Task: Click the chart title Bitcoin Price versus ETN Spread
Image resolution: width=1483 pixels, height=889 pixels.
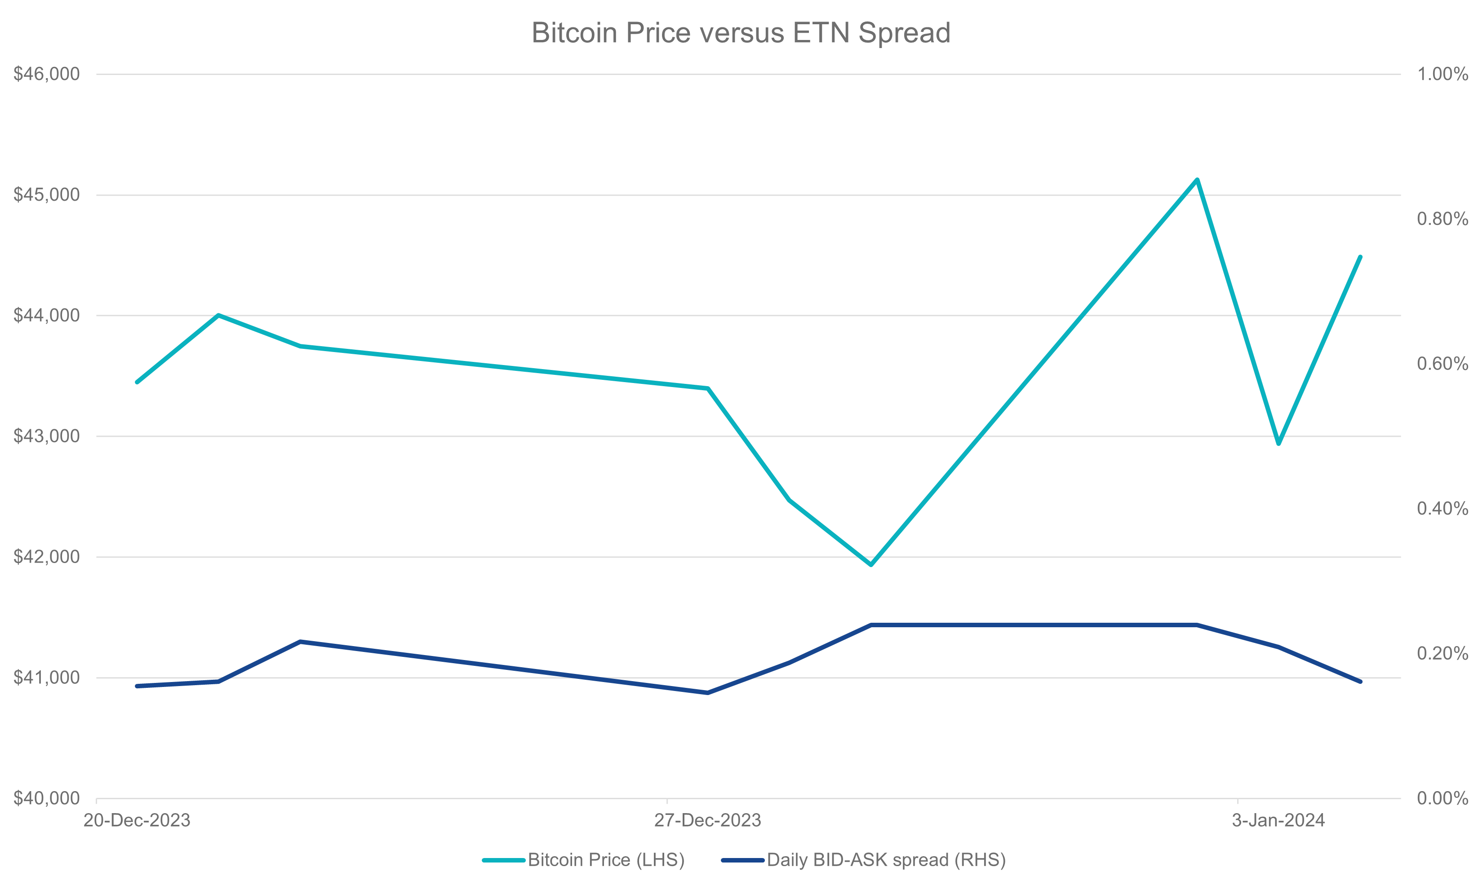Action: coord(741,33)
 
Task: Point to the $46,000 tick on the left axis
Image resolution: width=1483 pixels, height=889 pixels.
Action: coord(47,74)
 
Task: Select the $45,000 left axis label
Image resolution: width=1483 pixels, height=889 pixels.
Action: coord(47,195)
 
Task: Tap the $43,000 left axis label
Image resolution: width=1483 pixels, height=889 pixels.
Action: coord(47,436)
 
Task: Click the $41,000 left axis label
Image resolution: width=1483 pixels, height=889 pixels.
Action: coord(47,678)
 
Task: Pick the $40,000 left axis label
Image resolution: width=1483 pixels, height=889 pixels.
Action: coord(47,798)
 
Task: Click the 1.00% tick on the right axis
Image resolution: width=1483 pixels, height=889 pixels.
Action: coord(1442,74)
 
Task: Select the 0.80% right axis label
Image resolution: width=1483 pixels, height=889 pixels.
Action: coord(1442,219)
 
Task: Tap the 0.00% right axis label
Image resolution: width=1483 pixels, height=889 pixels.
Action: coord(1442,798)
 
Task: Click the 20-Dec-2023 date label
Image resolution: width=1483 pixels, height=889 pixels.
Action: coord(137,820)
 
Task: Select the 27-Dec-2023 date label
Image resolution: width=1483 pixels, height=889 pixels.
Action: coord(707,820)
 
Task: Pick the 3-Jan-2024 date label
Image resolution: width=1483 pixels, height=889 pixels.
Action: coord(1278,820)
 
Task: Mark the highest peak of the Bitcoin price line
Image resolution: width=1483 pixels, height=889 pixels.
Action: coord(1196,179)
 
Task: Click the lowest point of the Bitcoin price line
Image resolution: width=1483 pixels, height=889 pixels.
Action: coord(870,564)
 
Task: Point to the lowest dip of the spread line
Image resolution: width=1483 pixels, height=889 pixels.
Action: coord(707,692)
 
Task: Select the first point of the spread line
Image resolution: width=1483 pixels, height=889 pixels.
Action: coord(137,686)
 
